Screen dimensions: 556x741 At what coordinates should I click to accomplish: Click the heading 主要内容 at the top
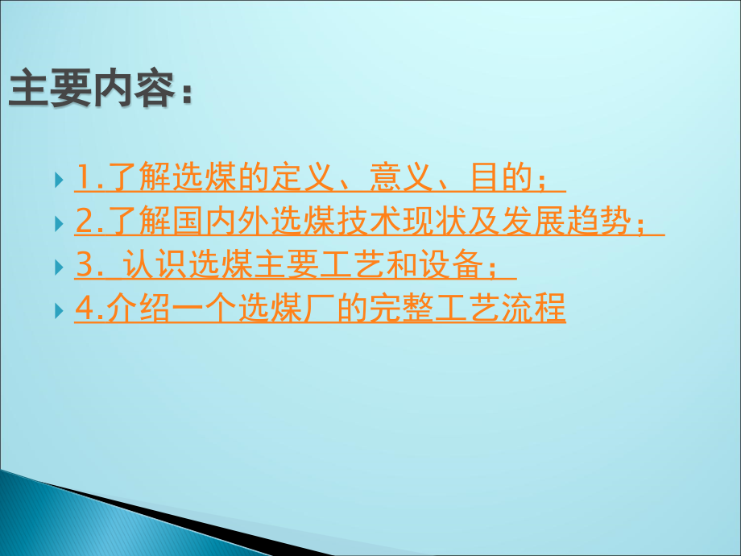click(x=93, y=90)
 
